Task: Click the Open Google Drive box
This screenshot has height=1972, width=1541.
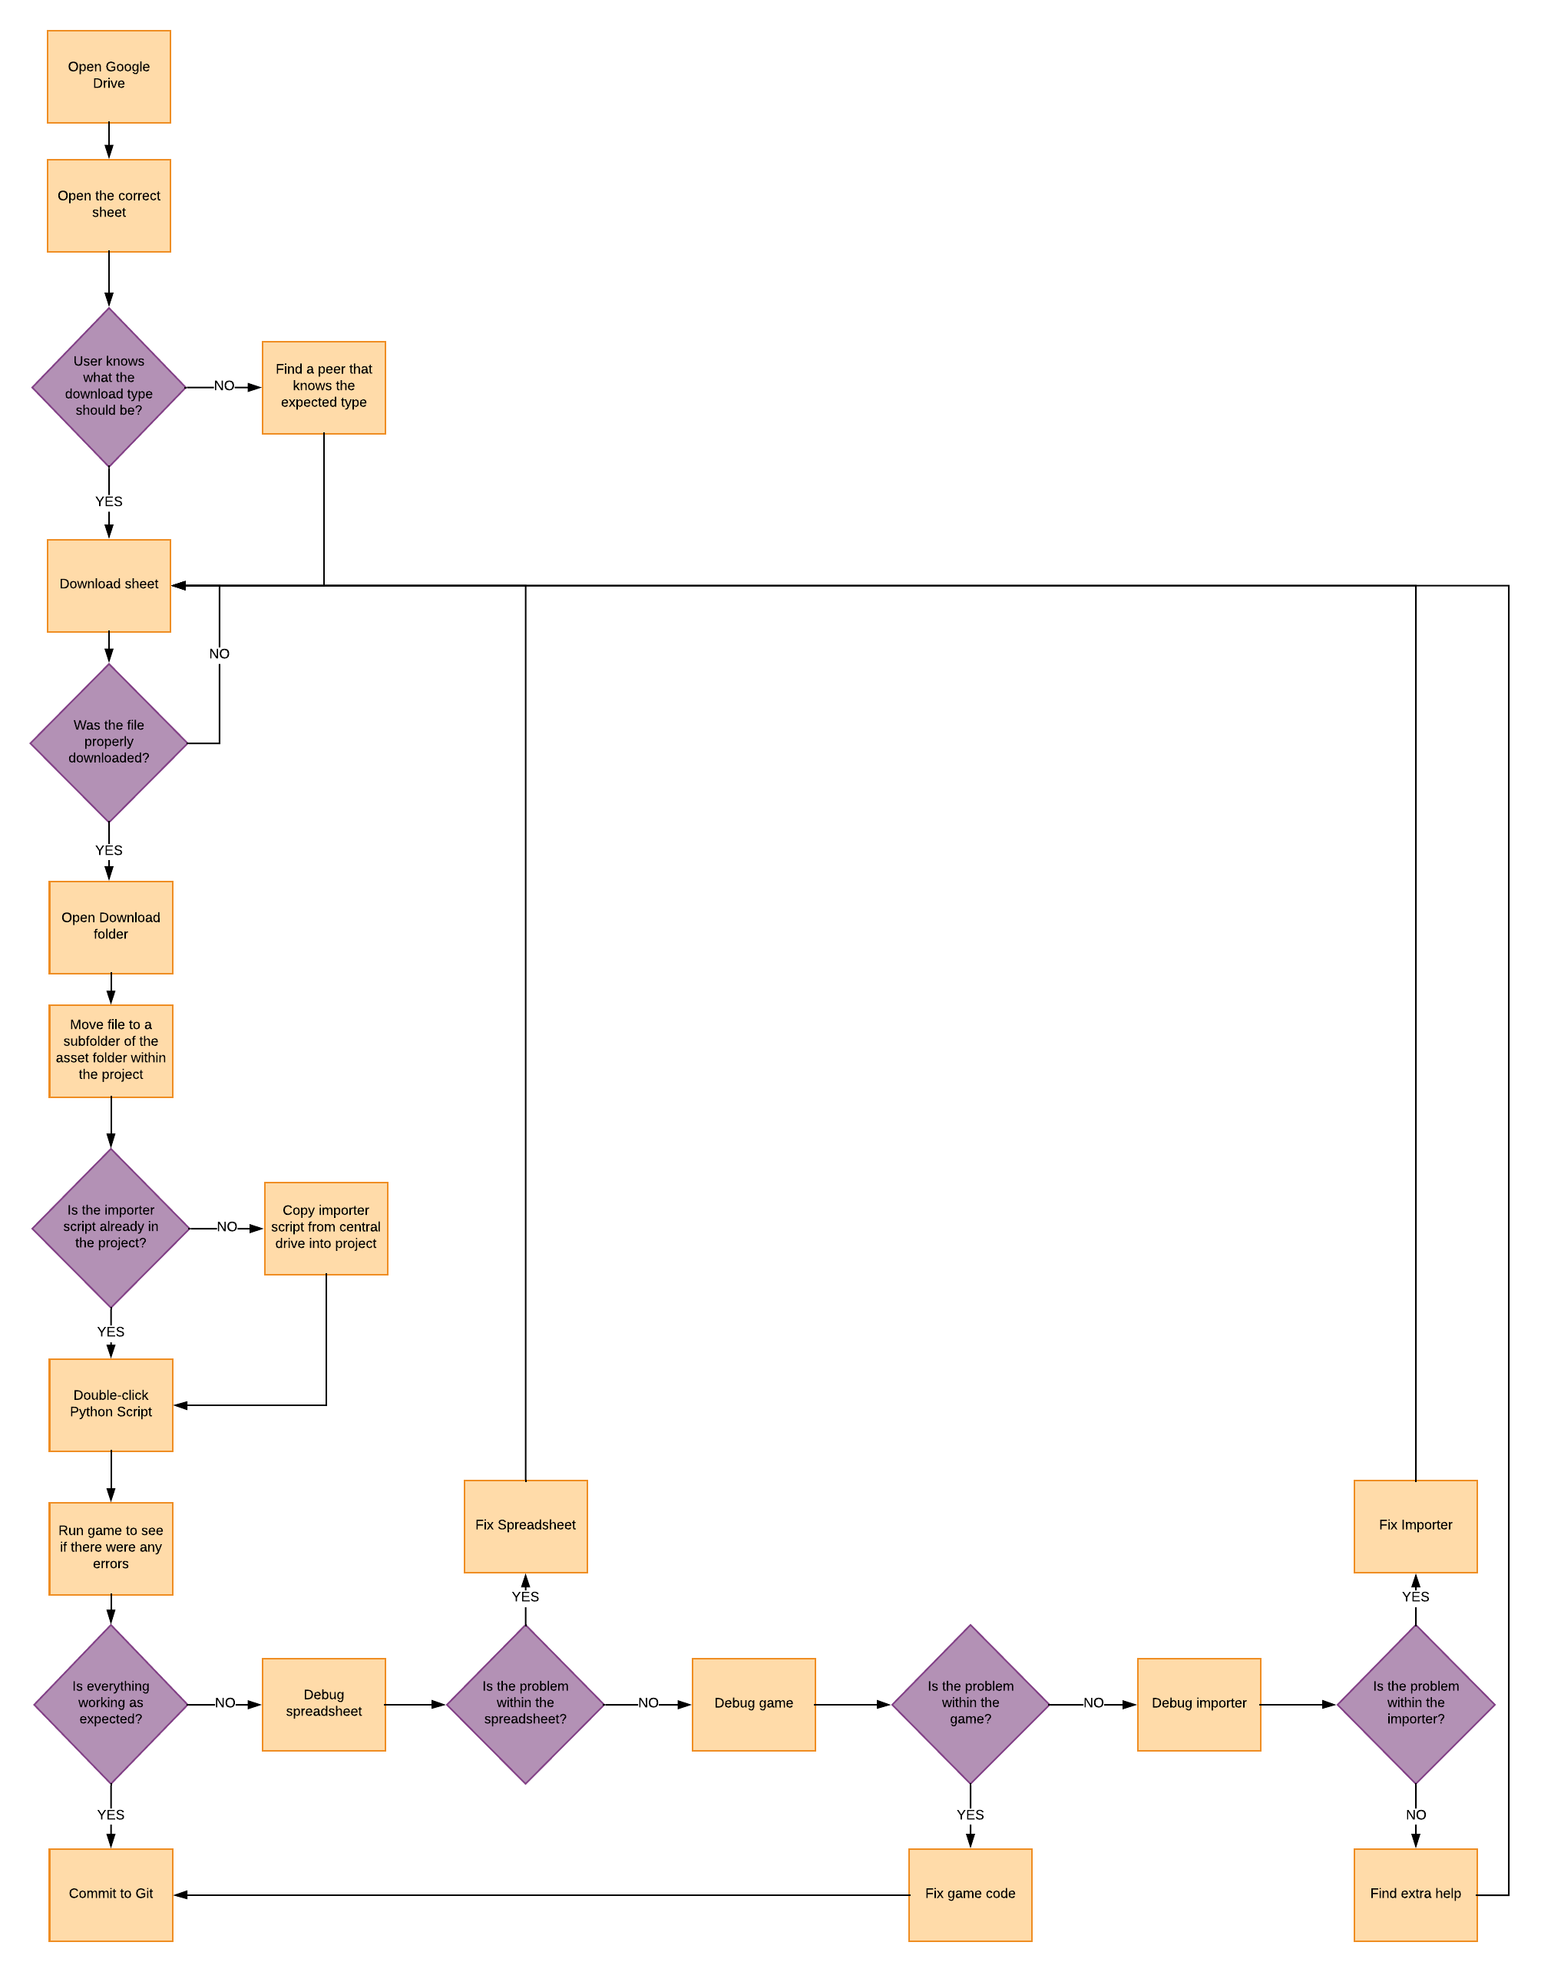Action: coord(108,76)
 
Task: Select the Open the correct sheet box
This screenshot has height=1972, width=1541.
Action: coord(108,205)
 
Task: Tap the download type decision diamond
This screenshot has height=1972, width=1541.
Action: coord(108,386)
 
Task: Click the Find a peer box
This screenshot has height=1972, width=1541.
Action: coord(323,386)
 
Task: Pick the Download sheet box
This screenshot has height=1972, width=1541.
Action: coord(108,585)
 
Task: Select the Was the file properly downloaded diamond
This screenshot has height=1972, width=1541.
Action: coord(108,743)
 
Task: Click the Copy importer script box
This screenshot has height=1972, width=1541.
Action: coord(325,1227)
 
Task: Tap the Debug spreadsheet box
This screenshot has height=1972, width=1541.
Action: coord(323,1704)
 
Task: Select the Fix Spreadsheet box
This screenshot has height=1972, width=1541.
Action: coord(525,1526)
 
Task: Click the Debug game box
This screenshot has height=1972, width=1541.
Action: coord(753,1704)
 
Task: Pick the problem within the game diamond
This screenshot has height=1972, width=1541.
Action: coord(970,1703)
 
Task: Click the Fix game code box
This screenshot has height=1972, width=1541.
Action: coord(970,1894)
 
